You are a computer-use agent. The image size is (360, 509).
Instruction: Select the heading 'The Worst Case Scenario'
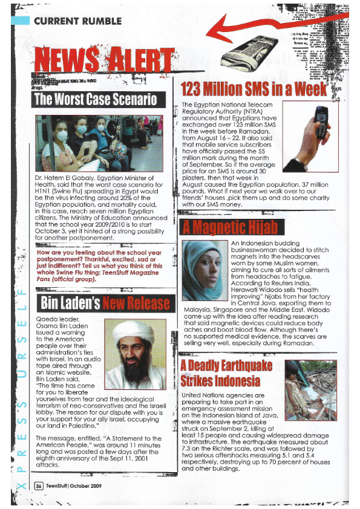point(96,99)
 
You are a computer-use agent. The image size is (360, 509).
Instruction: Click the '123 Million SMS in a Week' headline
point(254,89)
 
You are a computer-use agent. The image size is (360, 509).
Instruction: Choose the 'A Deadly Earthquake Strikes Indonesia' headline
point(226,373)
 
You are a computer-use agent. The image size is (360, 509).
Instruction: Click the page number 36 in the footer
point(39,485)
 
